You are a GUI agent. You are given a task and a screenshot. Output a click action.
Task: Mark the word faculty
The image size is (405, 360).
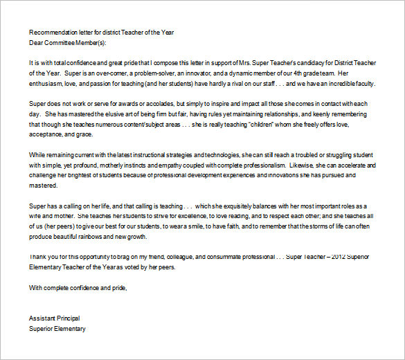(x=360, y=84)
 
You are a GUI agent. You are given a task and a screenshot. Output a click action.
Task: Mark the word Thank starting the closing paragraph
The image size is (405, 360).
(x=39, y=257)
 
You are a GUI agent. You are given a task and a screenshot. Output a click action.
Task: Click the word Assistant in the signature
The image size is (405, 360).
(x=44, y=318)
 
